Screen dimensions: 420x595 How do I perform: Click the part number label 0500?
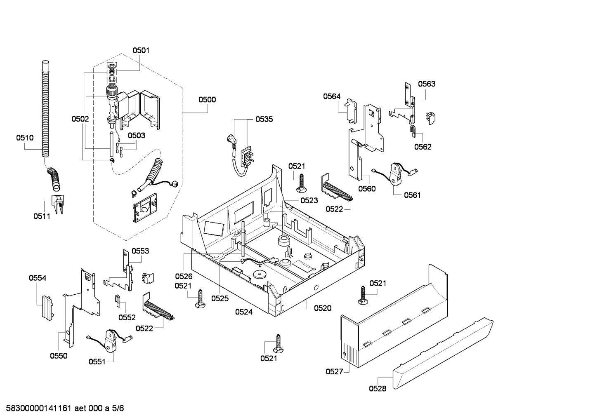click(207, 99)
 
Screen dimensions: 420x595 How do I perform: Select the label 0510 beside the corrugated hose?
click(25, 138)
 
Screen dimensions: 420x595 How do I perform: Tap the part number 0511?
click(42, 216)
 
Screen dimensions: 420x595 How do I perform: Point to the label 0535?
click(264, 120)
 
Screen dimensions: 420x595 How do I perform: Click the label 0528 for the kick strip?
click(378, 388)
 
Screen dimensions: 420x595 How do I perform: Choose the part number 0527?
click(334, 371)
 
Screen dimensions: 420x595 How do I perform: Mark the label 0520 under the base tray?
click(322, 308)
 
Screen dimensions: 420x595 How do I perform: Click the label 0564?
click(332, 96)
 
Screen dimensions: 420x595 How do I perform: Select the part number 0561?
click(412, 195)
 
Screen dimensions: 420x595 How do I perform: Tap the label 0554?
click(38, 278)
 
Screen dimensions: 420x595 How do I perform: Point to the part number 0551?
click(97, 361)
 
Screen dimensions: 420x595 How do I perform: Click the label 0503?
click(136, 135)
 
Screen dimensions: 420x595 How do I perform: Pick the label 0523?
click(309, 200)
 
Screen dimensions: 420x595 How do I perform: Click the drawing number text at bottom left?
click(62, 408)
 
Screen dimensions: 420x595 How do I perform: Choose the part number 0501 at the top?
click(141, 50)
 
